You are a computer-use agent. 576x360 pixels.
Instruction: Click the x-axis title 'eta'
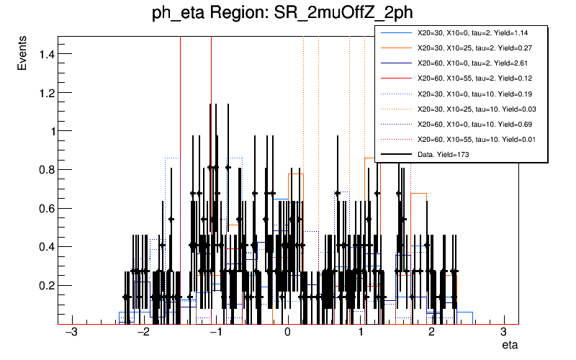point(508,346)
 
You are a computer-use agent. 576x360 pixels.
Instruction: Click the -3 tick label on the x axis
point(71,333)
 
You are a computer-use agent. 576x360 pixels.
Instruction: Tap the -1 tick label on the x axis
point(214,333)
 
